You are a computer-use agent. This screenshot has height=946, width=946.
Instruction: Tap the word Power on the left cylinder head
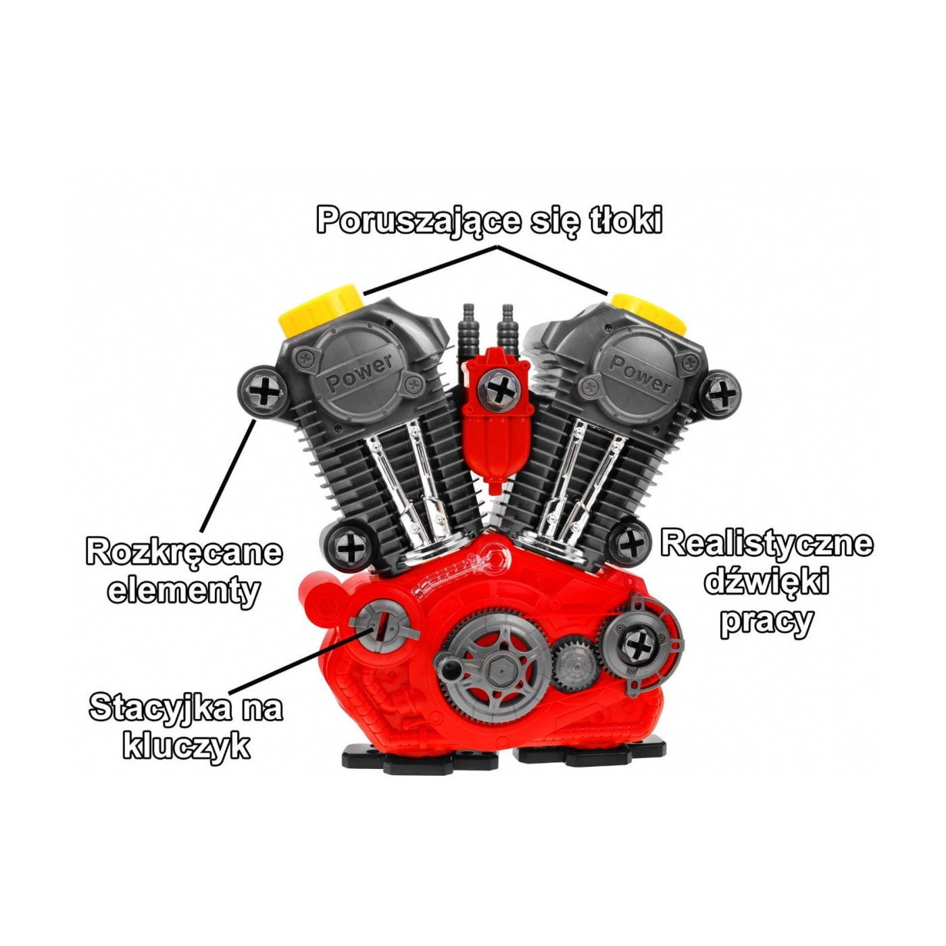pyautogui.click(x=359, y=374)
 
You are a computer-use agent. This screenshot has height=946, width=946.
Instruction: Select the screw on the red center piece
pyautogui.click(x=500, y=389)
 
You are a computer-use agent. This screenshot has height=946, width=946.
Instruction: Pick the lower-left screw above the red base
pyautogui.click(x=349, y=546)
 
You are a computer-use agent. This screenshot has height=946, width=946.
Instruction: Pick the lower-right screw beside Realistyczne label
pyautogui.click(x=630, y=543)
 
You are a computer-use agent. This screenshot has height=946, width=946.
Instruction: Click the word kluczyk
pyautogui.click(x=186, y=746)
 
